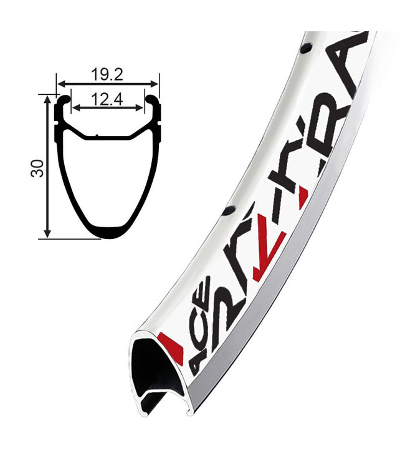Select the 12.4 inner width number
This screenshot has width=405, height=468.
(107, 99)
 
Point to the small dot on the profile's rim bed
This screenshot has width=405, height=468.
(97, 136)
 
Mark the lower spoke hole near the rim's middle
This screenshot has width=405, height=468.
(229, 212)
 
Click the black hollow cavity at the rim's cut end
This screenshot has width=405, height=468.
(153, 368)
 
